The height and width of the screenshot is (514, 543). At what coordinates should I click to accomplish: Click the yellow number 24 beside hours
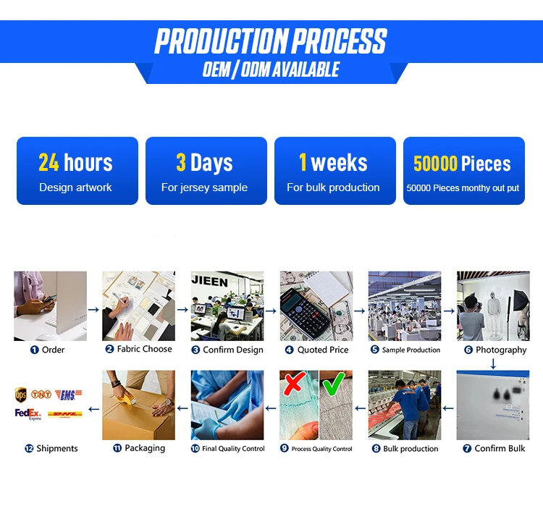49,162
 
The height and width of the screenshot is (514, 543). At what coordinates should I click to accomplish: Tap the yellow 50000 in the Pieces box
435,164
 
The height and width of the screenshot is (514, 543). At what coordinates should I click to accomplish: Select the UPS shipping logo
21,395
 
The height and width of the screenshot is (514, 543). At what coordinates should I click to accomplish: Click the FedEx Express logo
28,414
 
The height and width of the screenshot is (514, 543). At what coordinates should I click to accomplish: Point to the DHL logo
65,414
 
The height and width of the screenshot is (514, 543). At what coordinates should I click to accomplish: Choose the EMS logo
69,395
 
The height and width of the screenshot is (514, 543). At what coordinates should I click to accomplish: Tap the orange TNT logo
41,394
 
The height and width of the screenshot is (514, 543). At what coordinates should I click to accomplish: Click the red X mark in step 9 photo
295,383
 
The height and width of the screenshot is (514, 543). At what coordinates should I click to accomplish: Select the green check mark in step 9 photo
334,384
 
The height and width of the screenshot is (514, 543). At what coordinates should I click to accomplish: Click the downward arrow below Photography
493,363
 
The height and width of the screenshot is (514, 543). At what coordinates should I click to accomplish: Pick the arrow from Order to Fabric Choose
93,309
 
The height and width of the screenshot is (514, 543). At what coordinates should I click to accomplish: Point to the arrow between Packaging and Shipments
93,409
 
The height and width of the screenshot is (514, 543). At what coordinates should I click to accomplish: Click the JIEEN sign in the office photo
209,282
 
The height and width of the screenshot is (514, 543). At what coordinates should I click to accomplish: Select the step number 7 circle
467,449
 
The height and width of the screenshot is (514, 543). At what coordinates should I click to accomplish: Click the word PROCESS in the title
340,41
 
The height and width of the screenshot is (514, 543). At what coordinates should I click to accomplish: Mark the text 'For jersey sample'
204,188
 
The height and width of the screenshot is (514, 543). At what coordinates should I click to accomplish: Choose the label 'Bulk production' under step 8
411,449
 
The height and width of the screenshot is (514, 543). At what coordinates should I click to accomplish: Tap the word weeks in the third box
339,163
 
